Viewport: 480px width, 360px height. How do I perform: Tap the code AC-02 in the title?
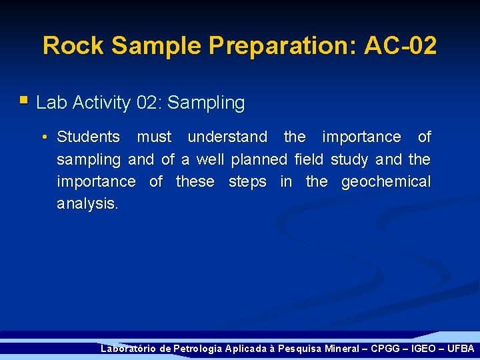pyautogui.click(x=400, y=46)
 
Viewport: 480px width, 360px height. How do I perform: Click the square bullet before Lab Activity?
pyautogui.click(x=24, y=101)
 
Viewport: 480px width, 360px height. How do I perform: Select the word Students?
pyautogui.click(x=88, y=137)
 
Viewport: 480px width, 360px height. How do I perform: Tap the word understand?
pyautogui.click(x=227, y=137)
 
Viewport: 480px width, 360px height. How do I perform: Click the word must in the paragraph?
pyautogui.click(x=154, y=137)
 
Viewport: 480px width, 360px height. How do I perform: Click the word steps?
pyautogui.click(x=247, y=182)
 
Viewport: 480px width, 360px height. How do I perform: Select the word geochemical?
pyautogui.click(x=386, y=182)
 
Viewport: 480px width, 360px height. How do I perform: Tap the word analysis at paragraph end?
pyautogui.click(x=87, y=204)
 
